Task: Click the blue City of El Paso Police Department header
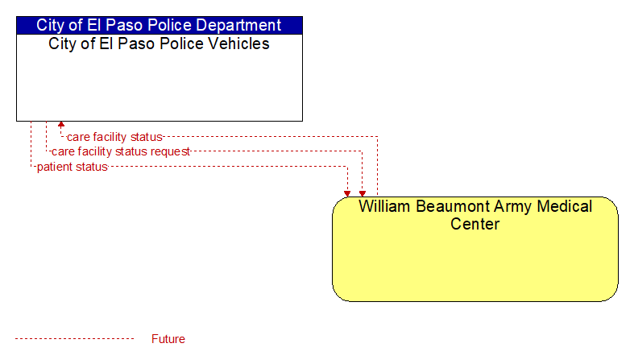pos(160,25)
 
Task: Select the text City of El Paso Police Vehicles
pos(159,43)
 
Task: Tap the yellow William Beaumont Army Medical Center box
pos(475,249)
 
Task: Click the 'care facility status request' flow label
pos(121,151)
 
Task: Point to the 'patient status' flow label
pos(73,167)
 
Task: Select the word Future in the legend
pos(168,339)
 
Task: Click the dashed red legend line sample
pos(74,339)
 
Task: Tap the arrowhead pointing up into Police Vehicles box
pos(61,125)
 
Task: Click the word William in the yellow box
pos(384,206)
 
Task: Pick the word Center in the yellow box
pos(475,224)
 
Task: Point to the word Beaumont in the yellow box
pos(452,206)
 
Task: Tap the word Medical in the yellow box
pos(565,206)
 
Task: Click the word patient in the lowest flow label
pos(53,168)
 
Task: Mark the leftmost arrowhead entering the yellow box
pos(347,193)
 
